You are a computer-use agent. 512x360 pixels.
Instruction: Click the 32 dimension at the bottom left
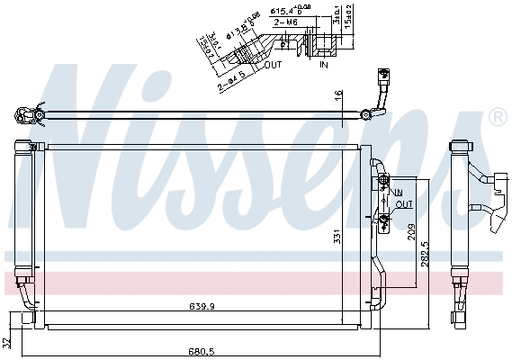[7, 343]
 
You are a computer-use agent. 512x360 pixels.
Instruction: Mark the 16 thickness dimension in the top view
[338, 94]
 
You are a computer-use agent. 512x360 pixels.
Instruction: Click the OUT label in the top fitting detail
[273, 64]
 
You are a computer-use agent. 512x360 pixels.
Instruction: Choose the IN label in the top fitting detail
[323, 64]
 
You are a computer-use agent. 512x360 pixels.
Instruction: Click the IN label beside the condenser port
[397, 193]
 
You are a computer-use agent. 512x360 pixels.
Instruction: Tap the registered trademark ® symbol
[496, 118]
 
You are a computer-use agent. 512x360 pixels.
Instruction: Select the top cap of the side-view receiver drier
[460, 146]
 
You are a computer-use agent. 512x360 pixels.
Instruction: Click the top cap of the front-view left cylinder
[25, 145]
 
